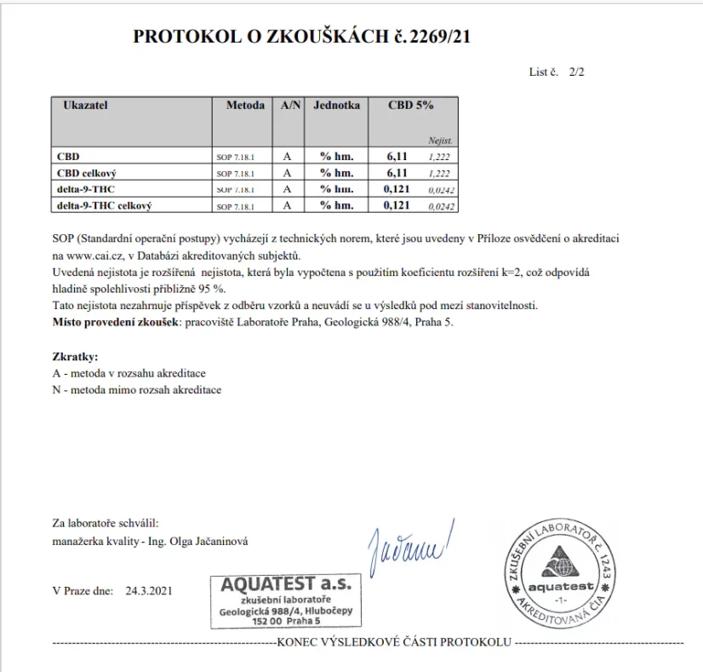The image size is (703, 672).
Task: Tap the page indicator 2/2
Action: [x=576, y=72]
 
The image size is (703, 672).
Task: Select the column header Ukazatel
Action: [x=85, y=106]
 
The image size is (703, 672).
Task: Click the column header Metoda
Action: [x=245, y=106]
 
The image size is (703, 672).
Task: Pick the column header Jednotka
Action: [x=336, y=106]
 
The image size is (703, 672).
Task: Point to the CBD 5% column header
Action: [x=411, y=106]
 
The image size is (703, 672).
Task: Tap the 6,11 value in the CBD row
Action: [x=397, y=157]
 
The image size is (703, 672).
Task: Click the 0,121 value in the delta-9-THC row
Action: [x=398, y=189]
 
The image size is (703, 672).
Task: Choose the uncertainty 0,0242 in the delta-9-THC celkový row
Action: [x=441, y=206]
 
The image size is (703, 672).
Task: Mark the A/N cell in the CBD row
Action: [x=288, y=157]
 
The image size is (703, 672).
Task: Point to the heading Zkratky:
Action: [x=75, y=358]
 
